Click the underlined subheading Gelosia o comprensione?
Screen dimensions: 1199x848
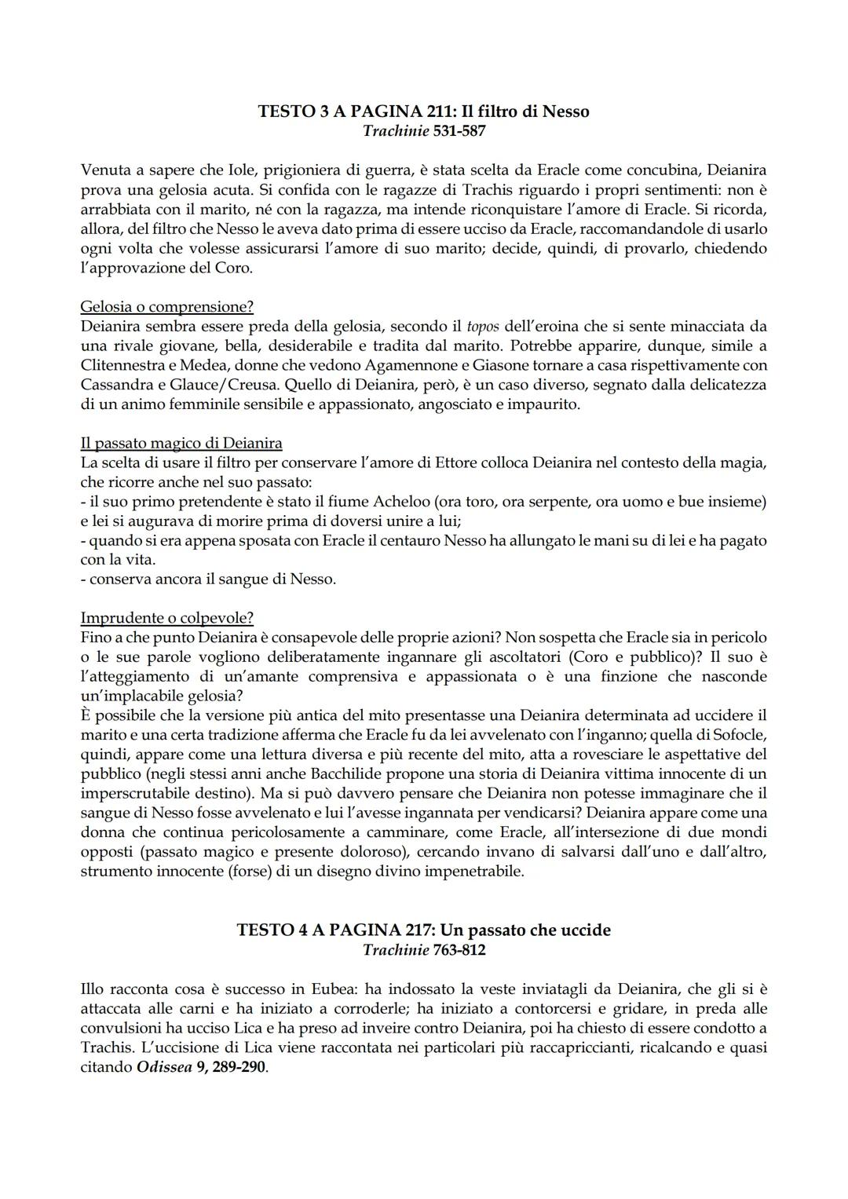166,306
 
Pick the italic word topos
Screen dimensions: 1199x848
483,326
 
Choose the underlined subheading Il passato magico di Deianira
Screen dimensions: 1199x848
181,443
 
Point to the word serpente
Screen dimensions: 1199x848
557,501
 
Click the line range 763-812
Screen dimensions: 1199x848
459,950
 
